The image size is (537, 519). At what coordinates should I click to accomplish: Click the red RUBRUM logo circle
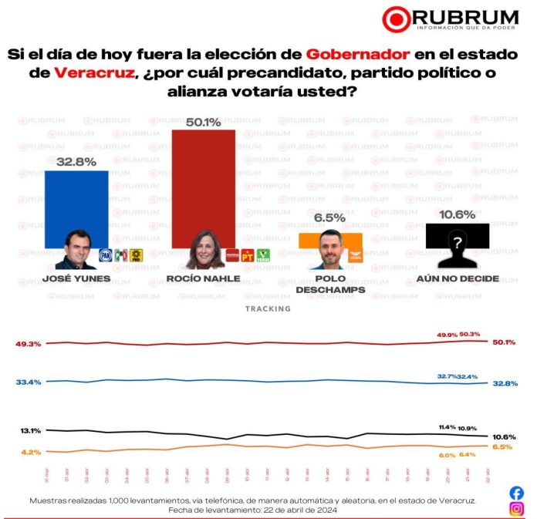tap(397, 20)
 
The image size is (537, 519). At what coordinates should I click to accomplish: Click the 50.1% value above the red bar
tap(203, 122)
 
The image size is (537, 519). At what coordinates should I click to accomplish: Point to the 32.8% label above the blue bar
tap(76, 162)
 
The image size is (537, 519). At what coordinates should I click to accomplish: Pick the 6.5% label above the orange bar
tap(329, 218)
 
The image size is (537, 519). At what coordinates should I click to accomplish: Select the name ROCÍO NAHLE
tap(202, 278)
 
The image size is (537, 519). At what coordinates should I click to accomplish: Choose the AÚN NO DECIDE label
tap(458, 278)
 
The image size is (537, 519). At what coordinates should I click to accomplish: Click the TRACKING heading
tap(268, 308)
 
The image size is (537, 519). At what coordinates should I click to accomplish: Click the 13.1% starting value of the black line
tap(29, 430)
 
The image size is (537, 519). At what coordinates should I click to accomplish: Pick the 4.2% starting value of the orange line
tap(30, 451)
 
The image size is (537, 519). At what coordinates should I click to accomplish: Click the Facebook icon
tap(516, 493)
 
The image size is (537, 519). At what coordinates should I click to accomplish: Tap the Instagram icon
tap(516, 508)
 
